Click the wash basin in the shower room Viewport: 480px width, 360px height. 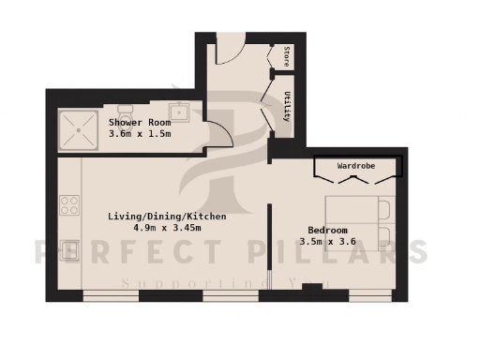coord(183,112)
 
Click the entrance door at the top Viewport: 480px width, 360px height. coord(231,49)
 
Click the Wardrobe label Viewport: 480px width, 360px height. coord(356,165)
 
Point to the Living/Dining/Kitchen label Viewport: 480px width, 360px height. coord(156,216)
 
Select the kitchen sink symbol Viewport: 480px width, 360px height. coord(68,250)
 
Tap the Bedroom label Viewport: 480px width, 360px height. coord(328,231)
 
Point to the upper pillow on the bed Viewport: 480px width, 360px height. coord(383,207)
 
